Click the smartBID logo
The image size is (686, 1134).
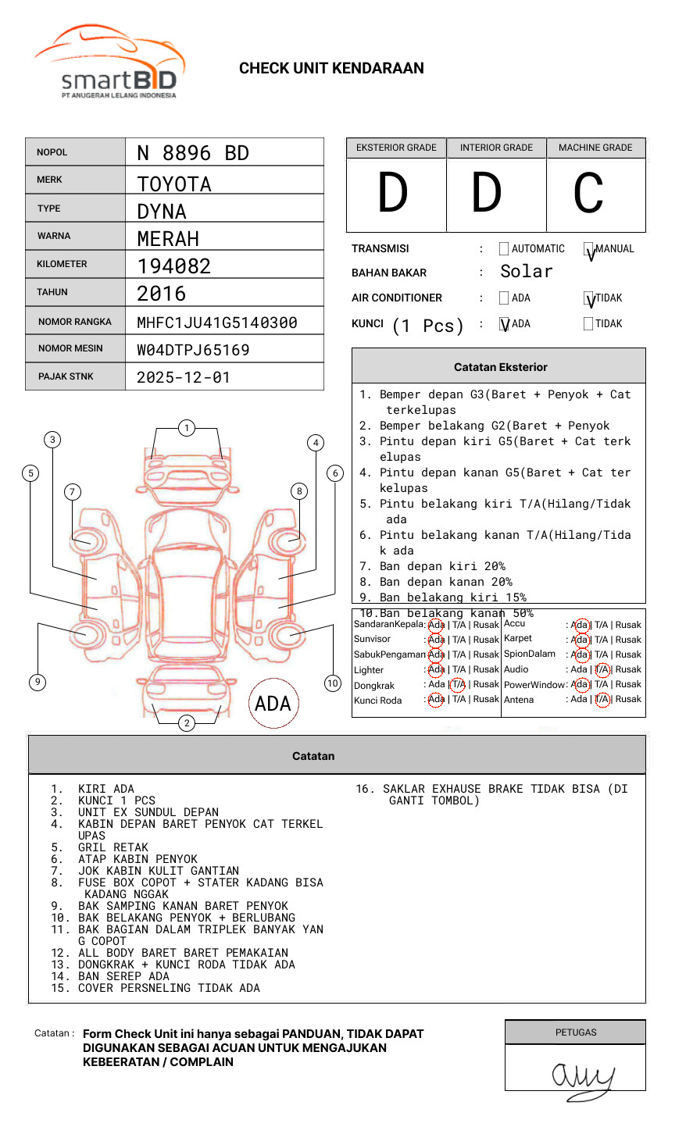coord(109,63)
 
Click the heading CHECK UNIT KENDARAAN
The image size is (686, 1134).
coord(331,69)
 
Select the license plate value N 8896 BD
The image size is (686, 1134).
coord(193,153)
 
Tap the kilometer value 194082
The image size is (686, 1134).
coord(174,266)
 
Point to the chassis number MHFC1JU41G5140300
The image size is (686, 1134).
coord(217,323)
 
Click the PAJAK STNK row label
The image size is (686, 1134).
coord(66,376)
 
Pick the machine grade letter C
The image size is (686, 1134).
coord(588,194)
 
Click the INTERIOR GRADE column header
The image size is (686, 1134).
coord(496,148)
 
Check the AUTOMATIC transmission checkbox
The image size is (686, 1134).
coord(504,249)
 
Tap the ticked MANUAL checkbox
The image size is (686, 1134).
coord(589,250)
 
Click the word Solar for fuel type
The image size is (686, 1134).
coord(526,272)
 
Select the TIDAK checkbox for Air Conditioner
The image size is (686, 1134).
coord(589,298)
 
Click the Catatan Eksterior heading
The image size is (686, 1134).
coord(500,367)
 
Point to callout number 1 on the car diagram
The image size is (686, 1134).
coord(186,428)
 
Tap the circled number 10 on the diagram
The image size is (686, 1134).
coord(333,683)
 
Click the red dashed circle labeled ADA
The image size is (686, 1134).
coord(273,704)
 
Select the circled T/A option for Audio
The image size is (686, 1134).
coord(602,669)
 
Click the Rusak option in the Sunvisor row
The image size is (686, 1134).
coord(485,640)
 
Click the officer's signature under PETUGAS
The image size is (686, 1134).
coord(582,1078)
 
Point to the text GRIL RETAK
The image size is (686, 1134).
coord(113,847)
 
